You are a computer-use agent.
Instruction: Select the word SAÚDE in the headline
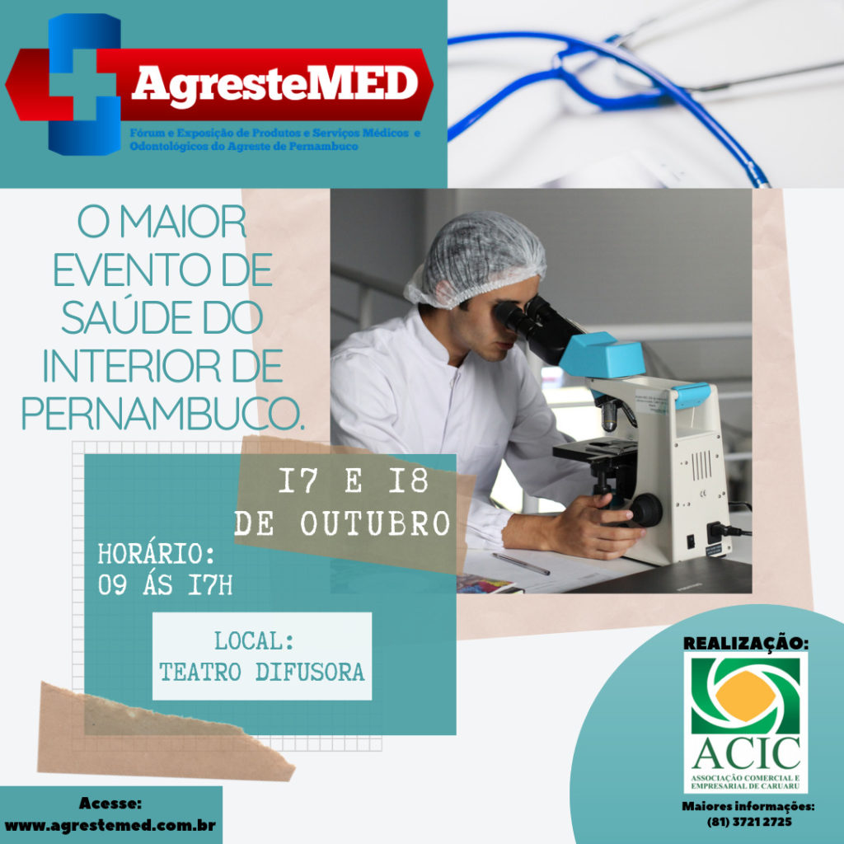(x=126, y=316)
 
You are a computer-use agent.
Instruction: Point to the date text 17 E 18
(x=353, y=481)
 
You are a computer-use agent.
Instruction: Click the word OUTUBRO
(x=375, y=523)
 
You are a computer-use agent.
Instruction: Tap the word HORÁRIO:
(x=156, y=554)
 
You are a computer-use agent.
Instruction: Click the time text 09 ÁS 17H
(x=165, y=585)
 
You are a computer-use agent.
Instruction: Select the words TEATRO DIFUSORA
(x=261, y=672)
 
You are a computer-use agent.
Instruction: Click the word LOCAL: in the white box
(x=255, y=641)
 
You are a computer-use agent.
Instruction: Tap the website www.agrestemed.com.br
(x=110, y=826)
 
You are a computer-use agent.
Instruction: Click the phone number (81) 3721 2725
(x=749, y=822)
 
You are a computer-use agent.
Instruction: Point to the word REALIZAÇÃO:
(x=745, y=643)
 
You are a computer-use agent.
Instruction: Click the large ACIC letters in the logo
(x=746, y=753)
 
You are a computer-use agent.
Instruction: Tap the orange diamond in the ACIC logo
(x=745, y=695)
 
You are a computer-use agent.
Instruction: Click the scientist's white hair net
(x=476, y=258)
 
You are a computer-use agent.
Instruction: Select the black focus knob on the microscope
(x=646, y=509)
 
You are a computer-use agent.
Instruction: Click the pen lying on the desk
(x=521, y=564)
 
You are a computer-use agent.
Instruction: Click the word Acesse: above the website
(x=110, y=804)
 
